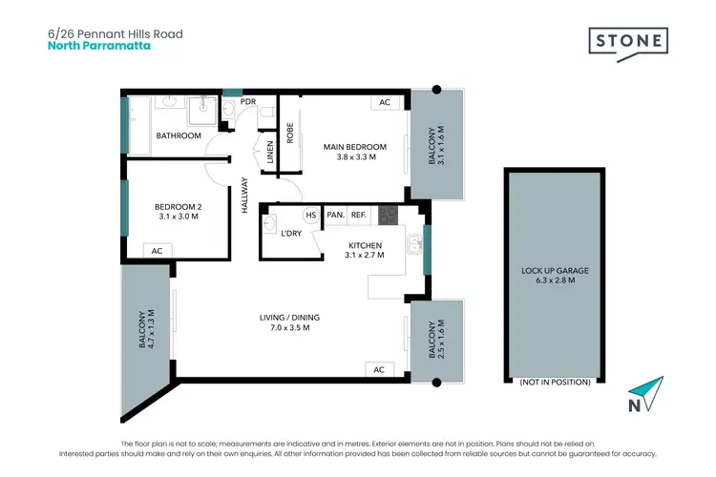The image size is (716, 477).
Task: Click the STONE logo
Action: point(627,40)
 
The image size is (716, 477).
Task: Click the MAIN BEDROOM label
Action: point(355,151)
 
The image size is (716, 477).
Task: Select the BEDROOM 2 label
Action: point(179,211)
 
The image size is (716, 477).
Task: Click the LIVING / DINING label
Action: point(286,322)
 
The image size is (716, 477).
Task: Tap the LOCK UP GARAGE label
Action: point(555,276)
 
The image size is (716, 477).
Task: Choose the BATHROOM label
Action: point(179,136)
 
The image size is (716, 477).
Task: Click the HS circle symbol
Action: point(310,216)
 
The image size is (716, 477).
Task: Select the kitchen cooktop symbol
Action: point(387,216)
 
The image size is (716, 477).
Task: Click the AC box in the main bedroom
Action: point(385,102)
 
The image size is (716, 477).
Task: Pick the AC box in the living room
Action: point(378,369)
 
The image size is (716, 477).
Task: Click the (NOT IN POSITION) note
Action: point(554,383)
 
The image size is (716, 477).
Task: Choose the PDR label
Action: point(247,102)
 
